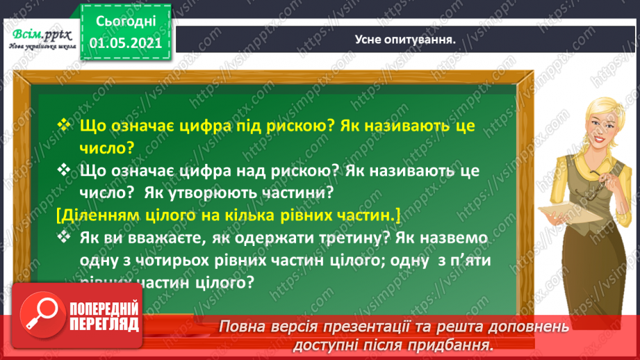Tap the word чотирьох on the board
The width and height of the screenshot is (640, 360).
click(193, 263)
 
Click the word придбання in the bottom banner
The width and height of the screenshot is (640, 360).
click(458, 343)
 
